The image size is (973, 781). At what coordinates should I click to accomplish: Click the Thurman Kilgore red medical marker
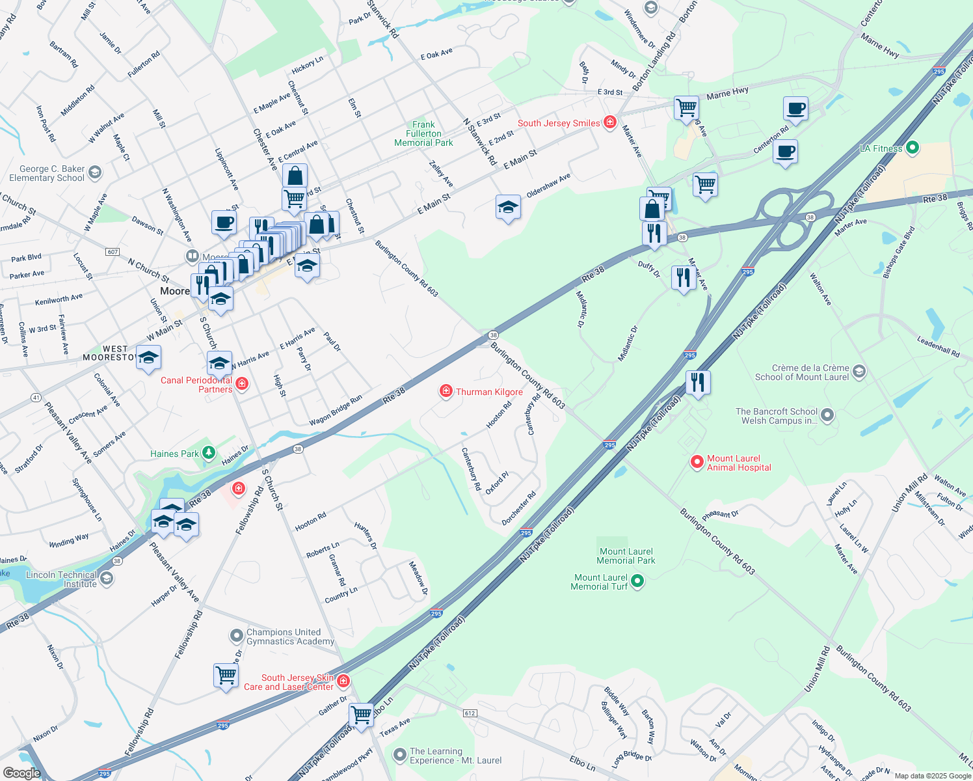tap(446, 390)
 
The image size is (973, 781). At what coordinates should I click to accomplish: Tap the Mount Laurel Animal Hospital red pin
tap(697, 462)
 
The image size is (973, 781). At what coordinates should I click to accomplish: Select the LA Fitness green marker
tap(912, 148)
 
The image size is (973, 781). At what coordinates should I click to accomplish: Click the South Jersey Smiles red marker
tap(609, 122)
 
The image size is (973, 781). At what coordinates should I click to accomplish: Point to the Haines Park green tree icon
tap(208, 453)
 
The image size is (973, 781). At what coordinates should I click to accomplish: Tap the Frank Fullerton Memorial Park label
tap(423, 133)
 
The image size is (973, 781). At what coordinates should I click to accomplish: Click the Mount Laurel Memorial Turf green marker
tap(637, 581)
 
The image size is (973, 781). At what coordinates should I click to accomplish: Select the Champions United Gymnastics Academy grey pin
tap(237, 635)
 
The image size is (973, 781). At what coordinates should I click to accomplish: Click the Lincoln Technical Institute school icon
tap(107, 578)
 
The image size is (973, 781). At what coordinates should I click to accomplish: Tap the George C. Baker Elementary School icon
tap(95, 172)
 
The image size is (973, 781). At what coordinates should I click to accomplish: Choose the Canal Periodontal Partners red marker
tap(242, 384)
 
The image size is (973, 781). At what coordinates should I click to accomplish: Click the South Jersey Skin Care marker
tap(343, 681)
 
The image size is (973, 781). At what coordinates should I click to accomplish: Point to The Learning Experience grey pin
tap(400, 755)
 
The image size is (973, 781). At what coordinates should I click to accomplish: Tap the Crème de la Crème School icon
tap(859, 372)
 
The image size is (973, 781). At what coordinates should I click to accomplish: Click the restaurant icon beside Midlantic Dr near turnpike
tap(697, 382)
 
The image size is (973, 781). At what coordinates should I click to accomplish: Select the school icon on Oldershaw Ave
tap(508, 208)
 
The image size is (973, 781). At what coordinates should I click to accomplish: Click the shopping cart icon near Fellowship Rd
tap(226, 676)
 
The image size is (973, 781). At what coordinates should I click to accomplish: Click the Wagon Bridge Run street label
tap(336, 411)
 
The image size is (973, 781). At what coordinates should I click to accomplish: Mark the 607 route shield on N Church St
tap(113, 252)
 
